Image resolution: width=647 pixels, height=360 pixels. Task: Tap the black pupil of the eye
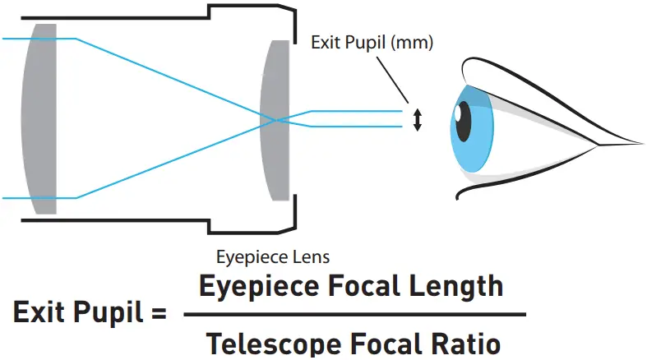(464, 121)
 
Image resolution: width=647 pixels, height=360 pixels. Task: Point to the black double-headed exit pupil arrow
(417, 120)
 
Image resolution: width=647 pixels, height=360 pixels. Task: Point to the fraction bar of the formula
(354, 314)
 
